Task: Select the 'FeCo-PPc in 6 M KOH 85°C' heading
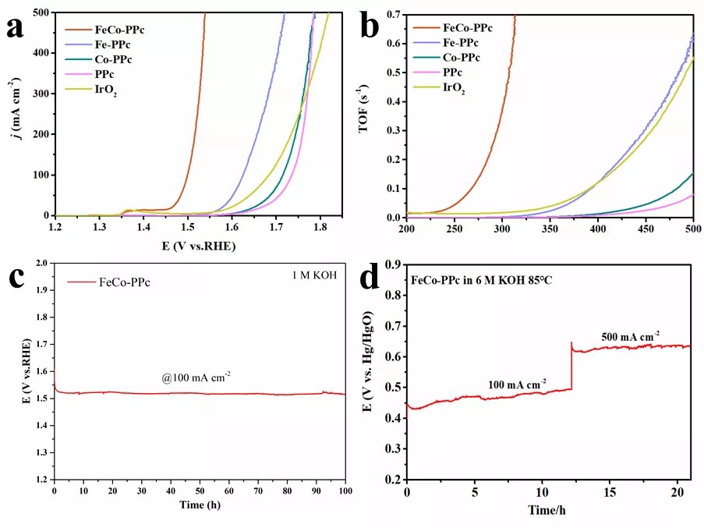coord(483,280)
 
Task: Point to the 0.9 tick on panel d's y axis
coord(394,264)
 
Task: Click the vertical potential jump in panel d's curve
coord(571,367)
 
